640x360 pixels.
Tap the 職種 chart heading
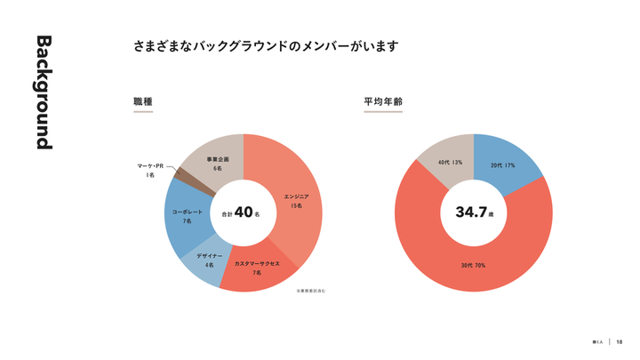pos(142,102)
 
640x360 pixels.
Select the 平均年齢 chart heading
pos(383,102)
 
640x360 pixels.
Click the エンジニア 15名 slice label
pos(296,200)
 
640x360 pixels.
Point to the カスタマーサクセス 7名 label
pos(257,268)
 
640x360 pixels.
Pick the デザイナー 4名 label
pos(209,260)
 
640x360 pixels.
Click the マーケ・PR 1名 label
pos(151,171)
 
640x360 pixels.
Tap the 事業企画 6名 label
pos(217,163)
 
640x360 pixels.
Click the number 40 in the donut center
pos(244,213)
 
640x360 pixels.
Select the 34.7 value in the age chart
pos(471,213)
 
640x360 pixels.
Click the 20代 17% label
pos(503,165)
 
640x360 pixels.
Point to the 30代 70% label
pos(473,266)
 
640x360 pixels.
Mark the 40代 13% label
pos(450,163)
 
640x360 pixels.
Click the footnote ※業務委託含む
pos(310,290)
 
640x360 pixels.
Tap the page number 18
pos(620,342)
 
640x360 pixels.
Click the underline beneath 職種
pos(142,112)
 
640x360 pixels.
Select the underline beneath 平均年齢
pos(383,112)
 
